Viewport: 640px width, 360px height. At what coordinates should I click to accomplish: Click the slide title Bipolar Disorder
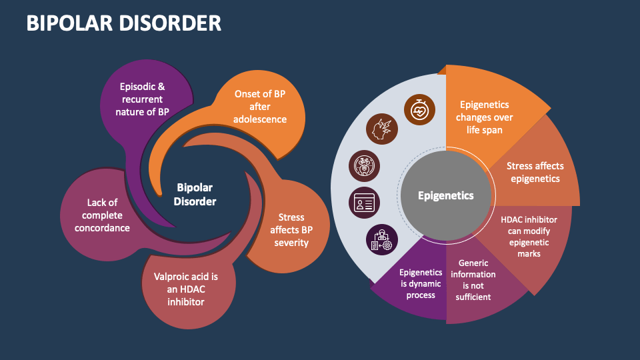coord(123,23)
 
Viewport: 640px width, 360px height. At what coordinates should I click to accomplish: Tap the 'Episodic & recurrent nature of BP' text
coord(142,99)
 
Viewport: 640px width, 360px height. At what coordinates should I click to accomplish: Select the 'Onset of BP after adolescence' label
coord(260,107)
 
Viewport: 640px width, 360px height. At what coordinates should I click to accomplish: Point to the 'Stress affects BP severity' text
coord(291,229)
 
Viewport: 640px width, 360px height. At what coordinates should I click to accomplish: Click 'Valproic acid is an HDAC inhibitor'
coord(186,289)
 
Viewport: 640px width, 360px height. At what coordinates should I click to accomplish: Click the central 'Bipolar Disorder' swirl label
coord(195,195)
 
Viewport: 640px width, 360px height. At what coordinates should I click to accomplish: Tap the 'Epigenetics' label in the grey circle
coord(445,195)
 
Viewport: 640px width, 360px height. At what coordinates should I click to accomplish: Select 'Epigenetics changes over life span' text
coord(485,117)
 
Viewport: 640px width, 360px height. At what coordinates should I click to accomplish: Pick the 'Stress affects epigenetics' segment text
coord(535,172)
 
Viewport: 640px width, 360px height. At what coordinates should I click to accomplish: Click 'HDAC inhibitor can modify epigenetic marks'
coord(528,236)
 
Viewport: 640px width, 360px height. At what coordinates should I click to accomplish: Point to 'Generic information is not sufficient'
coord(473,280)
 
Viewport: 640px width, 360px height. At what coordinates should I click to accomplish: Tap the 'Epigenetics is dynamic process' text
coord(421,283)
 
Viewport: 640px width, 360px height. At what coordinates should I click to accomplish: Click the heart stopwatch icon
coord(420,108)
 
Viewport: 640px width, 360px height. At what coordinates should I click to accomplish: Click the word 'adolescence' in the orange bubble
coord(260,119)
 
